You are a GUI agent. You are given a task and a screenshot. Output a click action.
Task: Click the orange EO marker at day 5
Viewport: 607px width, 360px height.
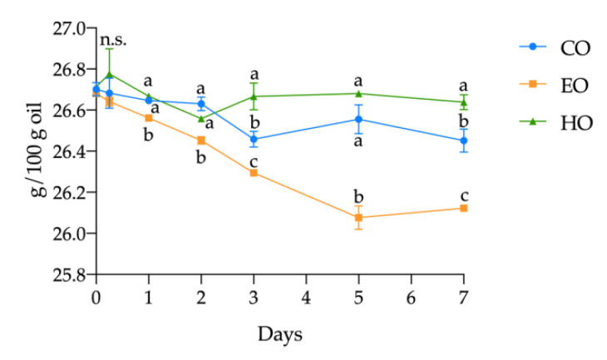pos(358,218)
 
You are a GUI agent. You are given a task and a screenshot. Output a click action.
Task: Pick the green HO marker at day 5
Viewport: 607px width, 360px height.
pos(358,93)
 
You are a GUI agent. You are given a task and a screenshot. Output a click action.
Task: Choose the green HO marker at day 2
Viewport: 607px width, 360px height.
pos(201,118)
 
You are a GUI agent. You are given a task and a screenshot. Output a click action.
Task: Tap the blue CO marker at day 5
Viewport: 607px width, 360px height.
pos(358,119)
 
